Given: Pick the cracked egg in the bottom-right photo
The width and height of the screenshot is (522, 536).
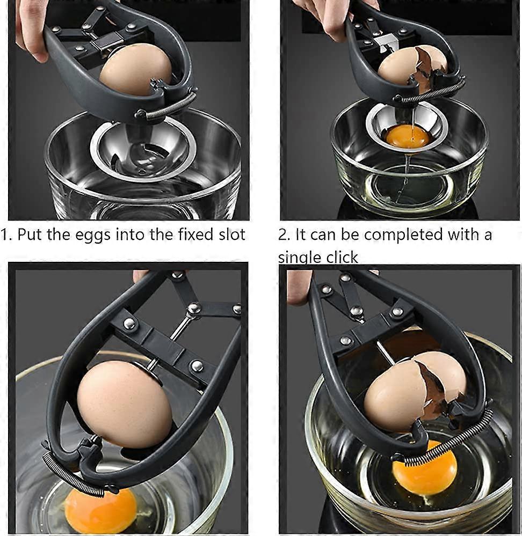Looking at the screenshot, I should [x=414, y=391].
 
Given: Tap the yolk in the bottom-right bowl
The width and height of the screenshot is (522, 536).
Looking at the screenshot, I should [x=424, y=473].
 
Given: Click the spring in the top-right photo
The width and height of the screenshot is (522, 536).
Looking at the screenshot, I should [x=430, y=91].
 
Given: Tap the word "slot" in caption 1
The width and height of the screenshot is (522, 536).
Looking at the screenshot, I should [x=228, y=234].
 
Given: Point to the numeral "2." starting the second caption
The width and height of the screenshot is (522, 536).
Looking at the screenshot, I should [x=284, y=235].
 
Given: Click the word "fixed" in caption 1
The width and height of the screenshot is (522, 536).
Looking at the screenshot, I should [x=185, y=234].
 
